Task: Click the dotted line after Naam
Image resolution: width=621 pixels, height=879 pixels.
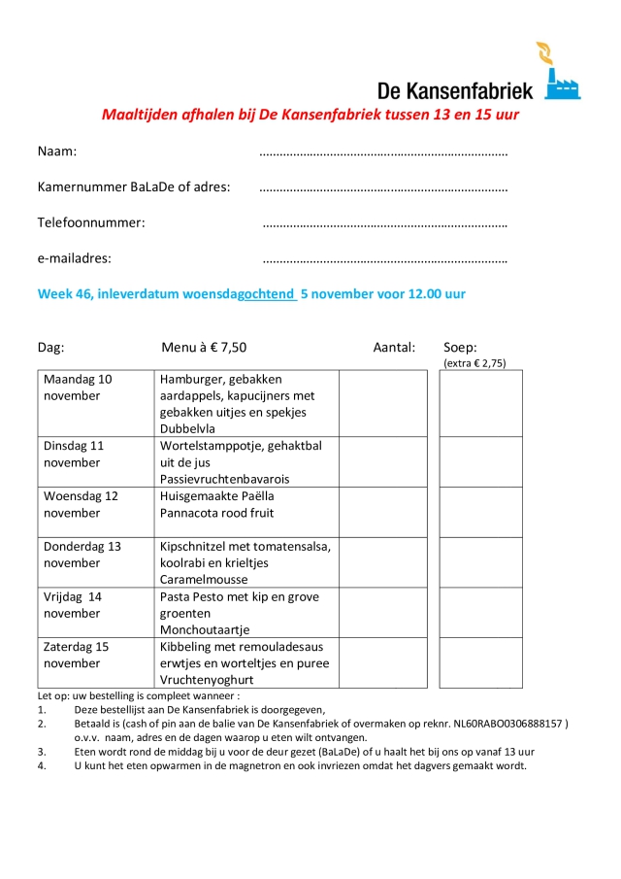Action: click(x=383, y=152)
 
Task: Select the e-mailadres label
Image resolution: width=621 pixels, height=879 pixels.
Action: click(x=74, y=258)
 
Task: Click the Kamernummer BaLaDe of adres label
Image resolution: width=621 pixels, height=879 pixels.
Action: click(x=134, y=186)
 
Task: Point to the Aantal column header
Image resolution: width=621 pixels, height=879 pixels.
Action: click(x=394, y=347)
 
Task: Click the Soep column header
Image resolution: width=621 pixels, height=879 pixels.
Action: click(x=460, y=347)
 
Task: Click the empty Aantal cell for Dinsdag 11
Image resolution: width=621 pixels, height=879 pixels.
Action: click(x=382, y=461)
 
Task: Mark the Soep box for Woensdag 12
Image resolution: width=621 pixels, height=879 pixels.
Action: click(x=480, y=512)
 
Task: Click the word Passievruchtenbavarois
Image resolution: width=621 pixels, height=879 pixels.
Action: click(x=224, y=479)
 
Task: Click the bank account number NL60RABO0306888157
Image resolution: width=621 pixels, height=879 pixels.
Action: click(x=507, y=724)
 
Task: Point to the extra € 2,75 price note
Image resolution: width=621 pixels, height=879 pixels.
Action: click(x=474, y=363)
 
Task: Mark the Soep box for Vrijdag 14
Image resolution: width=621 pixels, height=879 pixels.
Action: click(x=480, y=612)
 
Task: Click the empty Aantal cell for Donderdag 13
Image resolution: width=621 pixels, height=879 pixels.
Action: click(x=382, y=561)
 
